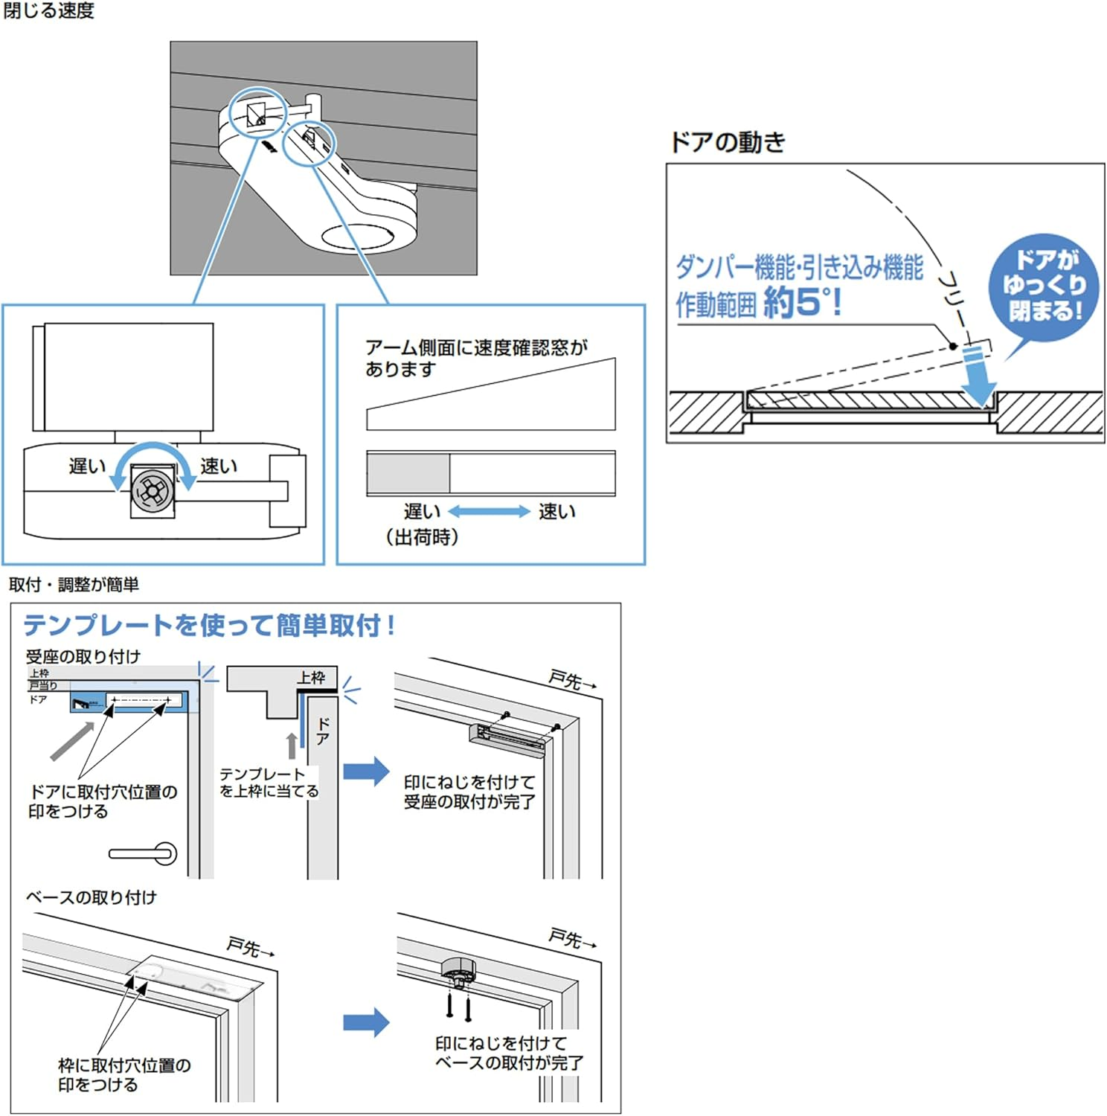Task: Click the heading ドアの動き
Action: tap(728, 141)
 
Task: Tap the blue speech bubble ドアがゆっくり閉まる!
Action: tap(1045, 286)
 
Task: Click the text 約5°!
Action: tap(802, 302)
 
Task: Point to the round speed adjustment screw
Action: tap(153, 490)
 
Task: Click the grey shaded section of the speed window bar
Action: tap(408, 473)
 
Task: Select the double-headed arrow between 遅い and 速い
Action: tap(489, 511)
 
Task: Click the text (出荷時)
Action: tap(421, 536)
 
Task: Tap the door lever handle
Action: tap(144, 853)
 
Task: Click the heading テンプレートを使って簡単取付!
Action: tap(209, 625)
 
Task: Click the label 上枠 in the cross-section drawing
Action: tap(311, 677)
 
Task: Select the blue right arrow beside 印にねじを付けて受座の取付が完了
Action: tap(366, 771)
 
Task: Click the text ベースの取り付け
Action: tap(92, 897)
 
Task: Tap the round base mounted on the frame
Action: tap(458, 970)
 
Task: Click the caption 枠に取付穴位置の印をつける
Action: tap(124, 1074)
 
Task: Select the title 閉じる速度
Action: tap(49, 10)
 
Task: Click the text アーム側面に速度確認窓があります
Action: tap(476, 358)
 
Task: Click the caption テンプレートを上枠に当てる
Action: tap(269, 783)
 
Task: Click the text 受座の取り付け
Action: tap(83, 656)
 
